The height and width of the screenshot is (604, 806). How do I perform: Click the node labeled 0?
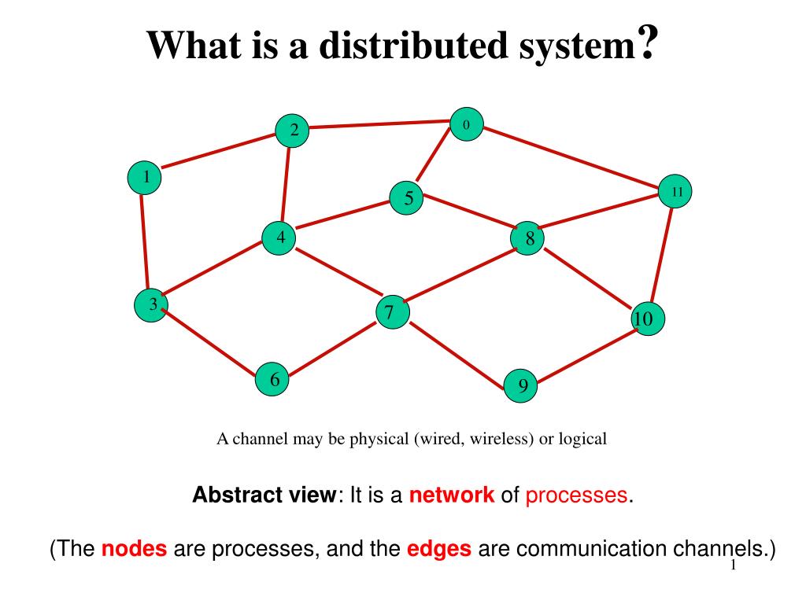coord(466,124)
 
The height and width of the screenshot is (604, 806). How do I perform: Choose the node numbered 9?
coord(521,385)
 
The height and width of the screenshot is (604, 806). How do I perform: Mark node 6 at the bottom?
coord(273,380)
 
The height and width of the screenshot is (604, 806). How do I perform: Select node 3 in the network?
coord(151,304)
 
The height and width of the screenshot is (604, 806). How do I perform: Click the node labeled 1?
coord(145,177)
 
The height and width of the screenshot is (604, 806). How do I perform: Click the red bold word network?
coord(452,495)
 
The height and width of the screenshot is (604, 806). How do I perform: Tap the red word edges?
coord(438,549)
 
